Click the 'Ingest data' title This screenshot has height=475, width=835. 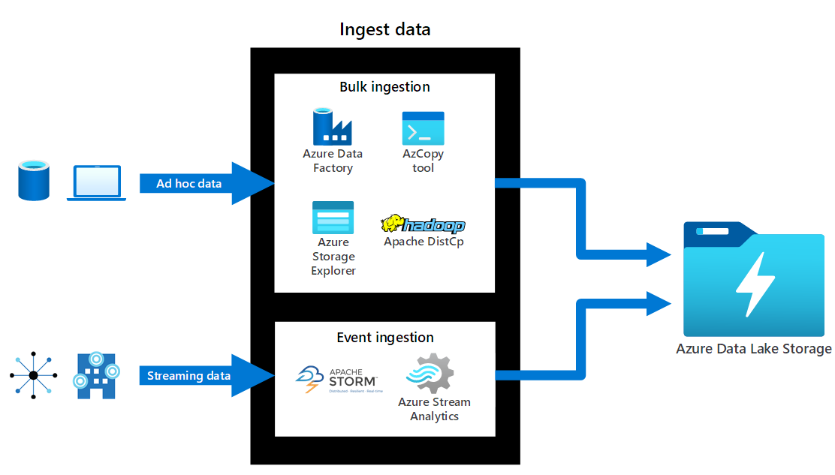385,29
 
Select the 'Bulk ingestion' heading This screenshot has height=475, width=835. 384,87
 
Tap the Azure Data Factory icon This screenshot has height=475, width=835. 332,127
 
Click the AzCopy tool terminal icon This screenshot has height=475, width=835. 423,128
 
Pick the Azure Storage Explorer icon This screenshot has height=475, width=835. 333,218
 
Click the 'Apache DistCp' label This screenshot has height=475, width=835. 424,242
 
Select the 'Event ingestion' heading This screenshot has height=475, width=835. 384,338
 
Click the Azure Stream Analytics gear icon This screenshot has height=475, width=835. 430,373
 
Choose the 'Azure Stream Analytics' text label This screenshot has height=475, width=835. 434,409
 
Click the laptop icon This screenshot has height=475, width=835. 96,183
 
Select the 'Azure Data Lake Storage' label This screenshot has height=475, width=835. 753,349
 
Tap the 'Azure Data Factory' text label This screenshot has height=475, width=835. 333,161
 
